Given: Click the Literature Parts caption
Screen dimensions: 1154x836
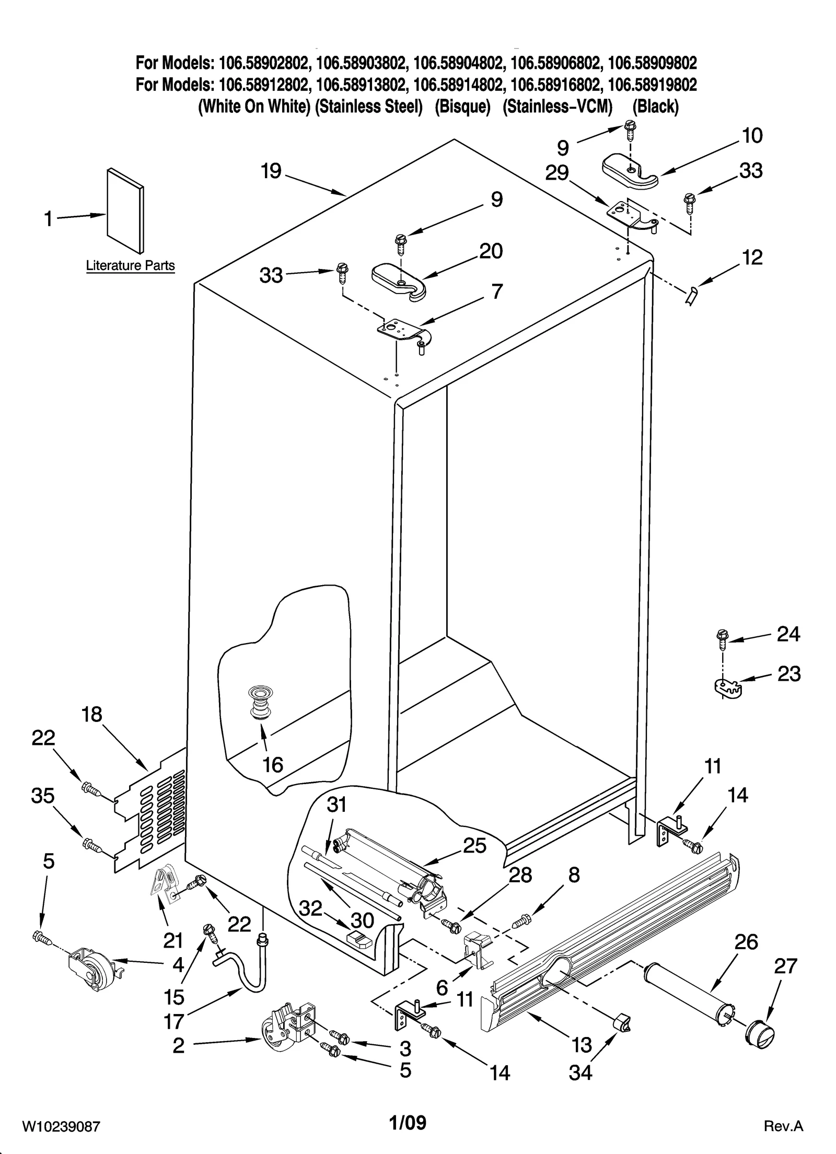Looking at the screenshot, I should point(130,265).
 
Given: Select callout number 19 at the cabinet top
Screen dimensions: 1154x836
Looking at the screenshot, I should point(271,171).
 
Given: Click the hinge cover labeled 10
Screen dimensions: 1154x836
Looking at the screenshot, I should point(630,172).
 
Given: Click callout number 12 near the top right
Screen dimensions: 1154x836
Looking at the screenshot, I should point(752,257).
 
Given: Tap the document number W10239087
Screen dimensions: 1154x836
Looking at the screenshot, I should point(61,1137).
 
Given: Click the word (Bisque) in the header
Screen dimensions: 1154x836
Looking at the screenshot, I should point(462,107).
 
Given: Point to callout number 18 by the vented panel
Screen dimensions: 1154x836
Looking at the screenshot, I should point(92,715).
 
